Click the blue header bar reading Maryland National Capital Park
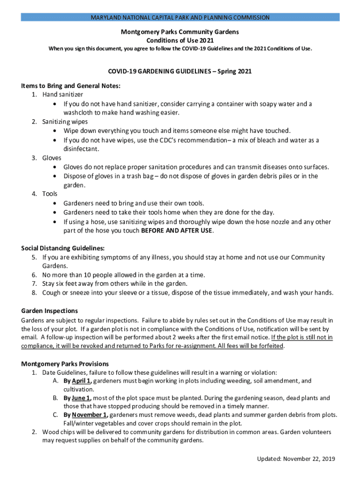180,17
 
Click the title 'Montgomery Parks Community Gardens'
180,32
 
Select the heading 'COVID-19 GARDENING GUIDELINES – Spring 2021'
180,72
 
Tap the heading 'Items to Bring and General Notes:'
71,86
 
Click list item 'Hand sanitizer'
63,94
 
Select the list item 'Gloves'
51,158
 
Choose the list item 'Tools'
50,194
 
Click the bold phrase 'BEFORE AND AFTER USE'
177,231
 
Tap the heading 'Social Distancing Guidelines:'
63,248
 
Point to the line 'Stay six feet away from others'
115,284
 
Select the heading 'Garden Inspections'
50,311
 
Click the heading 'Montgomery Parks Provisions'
65,364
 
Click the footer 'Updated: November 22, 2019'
296,458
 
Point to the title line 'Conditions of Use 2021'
180,40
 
